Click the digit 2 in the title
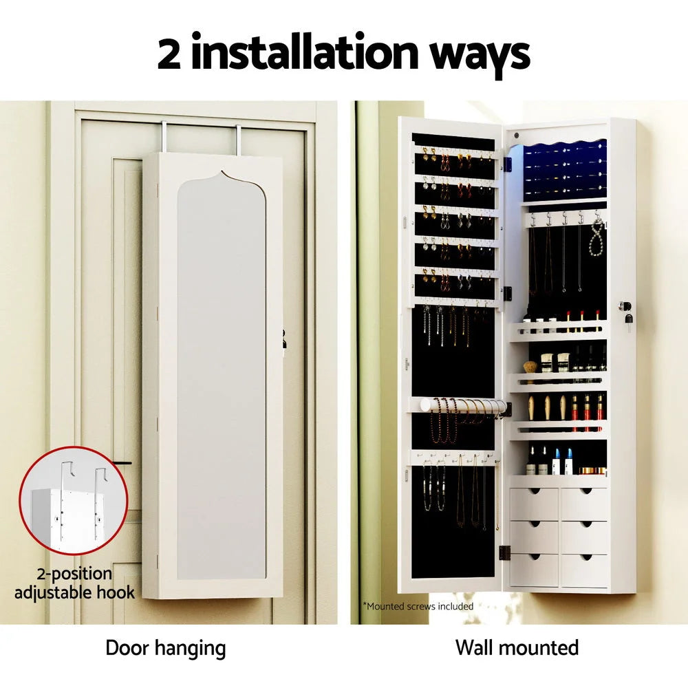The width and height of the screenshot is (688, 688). tap(169, 54)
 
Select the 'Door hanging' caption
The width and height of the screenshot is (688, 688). tap(165, 647)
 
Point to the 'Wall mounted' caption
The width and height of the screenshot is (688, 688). tap(517, 647)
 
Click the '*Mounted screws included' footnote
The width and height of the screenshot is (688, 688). tap(418, 606)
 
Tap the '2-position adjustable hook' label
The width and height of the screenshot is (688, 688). tap(74, 583)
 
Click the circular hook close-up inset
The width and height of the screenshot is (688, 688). tap(73, 501)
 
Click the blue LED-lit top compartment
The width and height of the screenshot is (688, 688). tap(564, 169)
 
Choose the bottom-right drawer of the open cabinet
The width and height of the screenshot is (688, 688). tap(584, 570)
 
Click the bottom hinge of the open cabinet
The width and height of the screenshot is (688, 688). tap(504, 552)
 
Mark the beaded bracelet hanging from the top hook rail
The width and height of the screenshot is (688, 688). tap(596, 237)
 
